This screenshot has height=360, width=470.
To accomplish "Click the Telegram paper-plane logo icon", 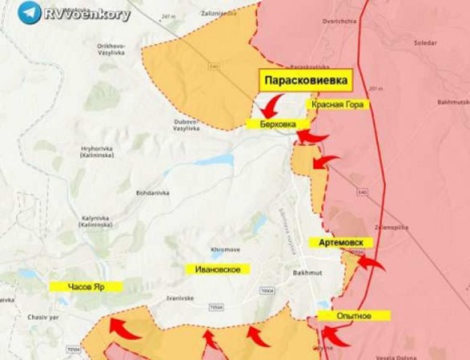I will pyautogui.click(x=29, y=13).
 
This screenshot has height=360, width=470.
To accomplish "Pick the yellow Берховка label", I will pyautogui.click(x=278, y=124).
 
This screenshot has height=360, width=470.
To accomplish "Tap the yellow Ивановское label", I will pyautogui.click(x=218, y=269).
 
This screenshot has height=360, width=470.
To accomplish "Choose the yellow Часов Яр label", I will pyautogui.click(x=86, y=287).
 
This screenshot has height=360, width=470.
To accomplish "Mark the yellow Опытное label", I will pyautogui.click(x=354, y=316).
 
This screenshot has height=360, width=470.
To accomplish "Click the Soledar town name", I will pyautogui.click(x=425, y=43).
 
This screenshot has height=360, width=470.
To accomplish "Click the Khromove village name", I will pyautogui.click(x=225, y=250).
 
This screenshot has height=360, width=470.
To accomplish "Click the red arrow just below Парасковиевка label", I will pyautogui.click(x=273, y=106).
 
